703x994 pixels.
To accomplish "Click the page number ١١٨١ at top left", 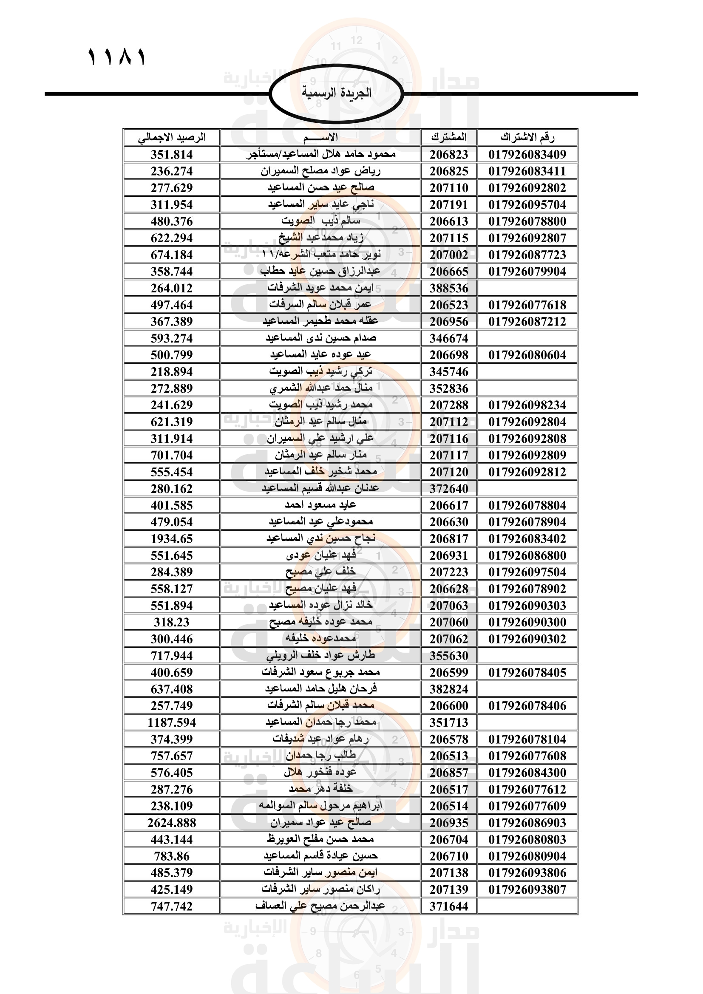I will coord(117,57).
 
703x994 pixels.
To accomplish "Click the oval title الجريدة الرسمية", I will coord(336,93).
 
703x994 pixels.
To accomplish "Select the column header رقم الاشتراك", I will coord(527,137).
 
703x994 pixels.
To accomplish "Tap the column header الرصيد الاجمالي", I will coord(172,138).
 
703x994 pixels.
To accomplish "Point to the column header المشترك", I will coord(449,137).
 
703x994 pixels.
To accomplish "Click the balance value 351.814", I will coord(172,155).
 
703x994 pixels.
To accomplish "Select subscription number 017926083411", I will coord(527,171).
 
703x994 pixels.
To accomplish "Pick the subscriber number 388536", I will coord(449,288).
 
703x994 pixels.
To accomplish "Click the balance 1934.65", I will coord(172,539).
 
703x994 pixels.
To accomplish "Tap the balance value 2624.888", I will coord(172,823).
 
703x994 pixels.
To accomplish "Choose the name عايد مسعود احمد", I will coord(320,505).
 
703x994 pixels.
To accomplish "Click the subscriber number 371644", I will coord(449,906).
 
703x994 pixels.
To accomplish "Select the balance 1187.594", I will coord(172,722).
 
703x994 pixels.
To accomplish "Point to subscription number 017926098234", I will coord(527,405).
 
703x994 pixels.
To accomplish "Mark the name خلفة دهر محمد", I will coord(320,789).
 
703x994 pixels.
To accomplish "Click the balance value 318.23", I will coord(172,623).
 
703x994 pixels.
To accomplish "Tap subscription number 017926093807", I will coord(527,889).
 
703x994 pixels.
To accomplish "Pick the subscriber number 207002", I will coord(449,255).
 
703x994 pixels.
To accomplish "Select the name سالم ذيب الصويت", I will coord(320,221).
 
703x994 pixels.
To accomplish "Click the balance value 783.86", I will coord(172,856).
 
